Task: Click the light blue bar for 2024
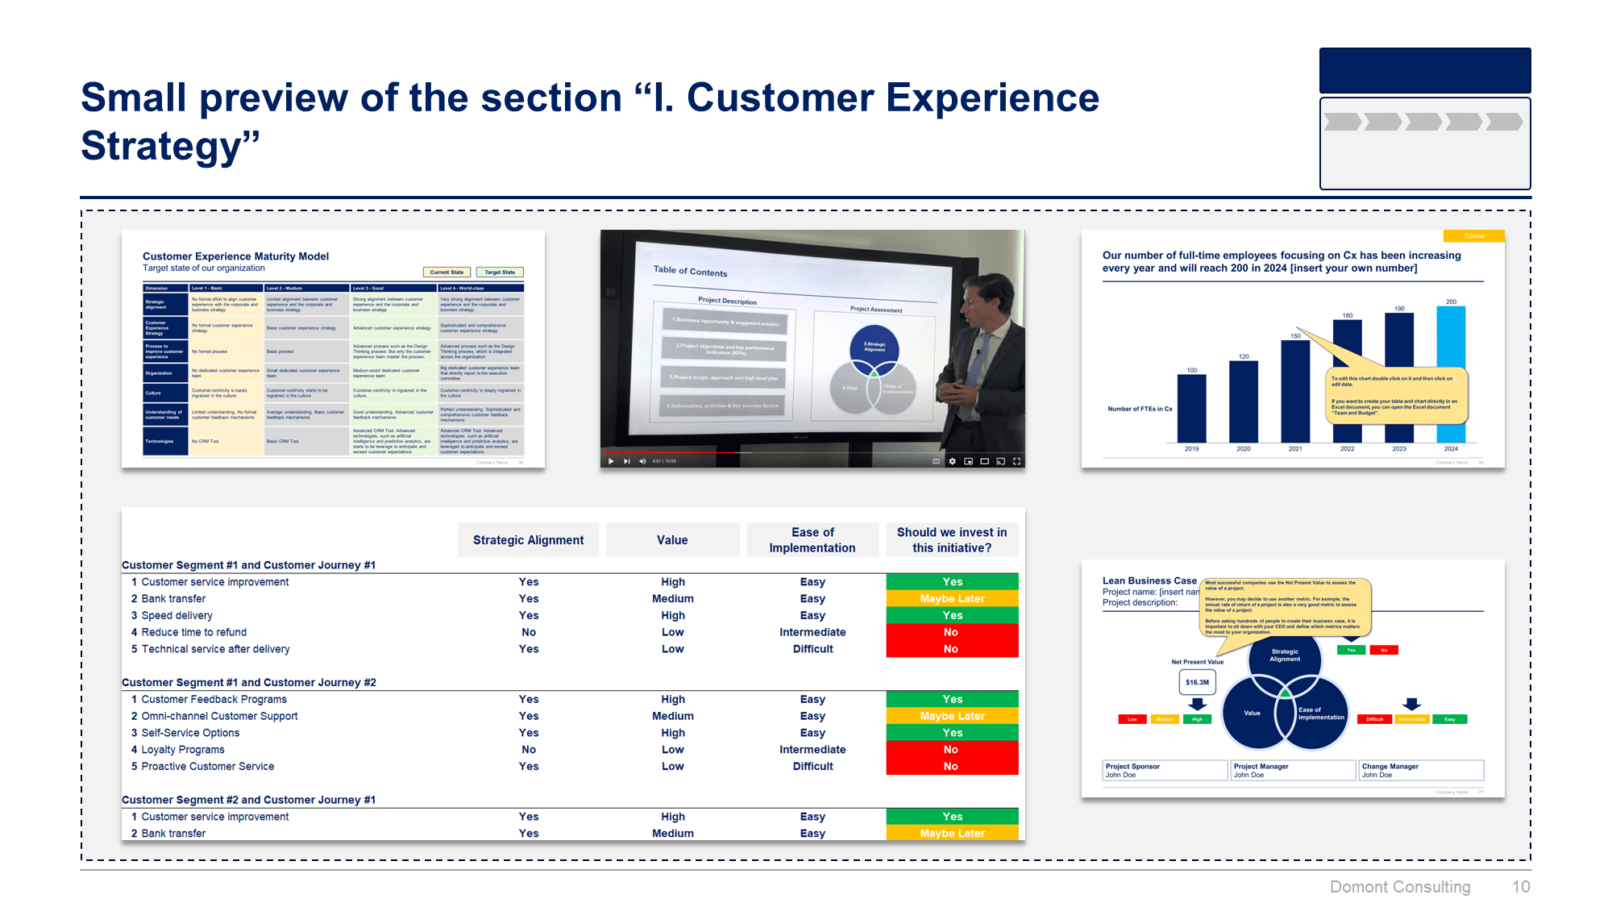(x=1451, y=375)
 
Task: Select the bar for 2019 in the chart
(x=1191, y=409)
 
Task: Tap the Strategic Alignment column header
(x=528, y=540)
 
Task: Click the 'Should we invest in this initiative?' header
(x=952, y=540)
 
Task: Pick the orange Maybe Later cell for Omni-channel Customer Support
(x=952, y=716)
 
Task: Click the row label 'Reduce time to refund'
(x=194, y=632)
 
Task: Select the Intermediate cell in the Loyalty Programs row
(x=812, y=750)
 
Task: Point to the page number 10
(x=1520, y=887)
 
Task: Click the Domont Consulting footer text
(x=1400, y=887)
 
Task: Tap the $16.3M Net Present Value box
(x=1197, y=682)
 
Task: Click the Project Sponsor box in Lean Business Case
(x=1164, y=771)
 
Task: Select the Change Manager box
(x=1420, y=771)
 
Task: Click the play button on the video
(x=611, y=461)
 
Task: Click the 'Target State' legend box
(x=500, y=273)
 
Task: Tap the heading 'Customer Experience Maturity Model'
(x=235, y=256)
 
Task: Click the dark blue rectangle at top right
(x=1424, y=71)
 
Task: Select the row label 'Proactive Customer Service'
(x=208, y=767)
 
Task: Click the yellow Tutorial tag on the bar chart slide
(x=1473, y=236)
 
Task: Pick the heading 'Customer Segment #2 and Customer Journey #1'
(x=248, y=800)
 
